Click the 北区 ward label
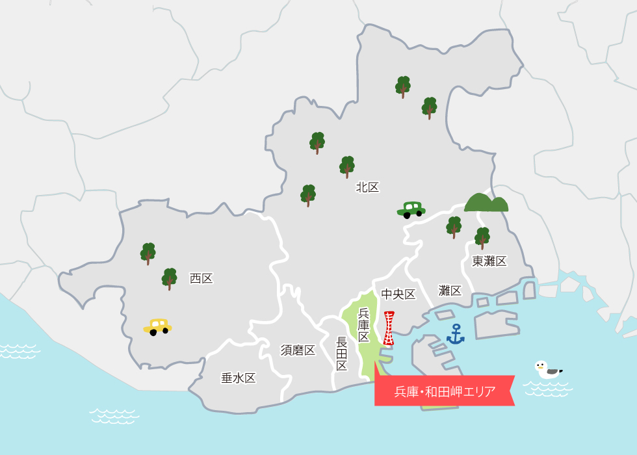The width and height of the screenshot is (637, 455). click(367, 187)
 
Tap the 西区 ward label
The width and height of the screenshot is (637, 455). click(201, 278)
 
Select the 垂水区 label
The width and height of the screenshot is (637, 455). click(238, 378)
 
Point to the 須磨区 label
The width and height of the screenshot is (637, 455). click(298, 350)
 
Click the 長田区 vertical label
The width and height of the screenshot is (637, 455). click(342, 354)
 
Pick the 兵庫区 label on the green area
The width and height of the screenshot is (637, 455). click(364, 325)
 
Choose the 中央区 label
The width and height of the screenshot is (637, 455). click(398, 294)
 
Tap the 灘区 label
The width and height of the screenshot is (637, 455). click(450, 291)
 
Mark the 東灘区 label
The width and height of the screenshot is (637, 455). click(489, 261)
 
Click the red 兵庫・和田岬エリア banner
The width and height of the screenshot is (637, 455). click(445, 391)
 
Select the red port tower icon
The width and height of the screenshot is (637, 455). click(389, 328)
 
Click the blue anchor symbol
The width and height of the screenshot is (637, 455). click(456, 334)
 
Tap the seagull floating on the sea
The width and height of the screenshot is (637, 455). click(547, 370)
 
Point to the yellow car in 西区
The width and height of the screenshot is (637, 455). click(157, 326)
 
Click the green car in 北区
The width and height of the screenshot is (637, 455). click(411, 209)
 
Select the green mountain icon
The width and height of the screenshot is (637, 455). click(486, 203)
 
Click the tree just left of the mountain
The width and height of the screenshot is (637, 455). click(454, 227)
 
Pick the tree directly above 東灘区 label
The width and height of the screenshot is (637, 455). click(482, 238)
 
